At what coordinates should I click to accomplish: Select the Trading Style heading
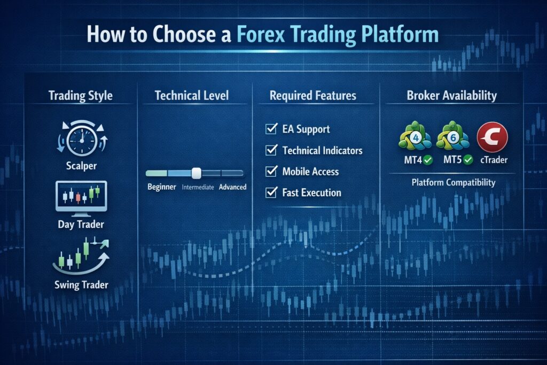point(80,96)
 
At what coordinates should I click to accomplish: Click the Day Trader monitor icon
point(81,196)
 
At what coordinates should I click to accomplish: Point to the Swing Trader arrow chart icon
point(81,255)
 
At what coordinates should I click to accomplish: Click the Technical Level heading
point(191,96)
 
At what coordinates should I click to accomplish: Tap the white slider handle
point(196,173)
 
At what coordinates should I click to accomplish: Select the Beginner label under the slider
point(162,187)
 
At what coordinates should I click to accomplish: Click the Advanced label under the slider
point(232,187)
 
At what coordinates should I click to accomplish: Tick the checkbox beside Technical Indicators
point(271,150)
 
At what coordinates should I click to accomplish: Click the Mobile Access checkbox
point(271,172)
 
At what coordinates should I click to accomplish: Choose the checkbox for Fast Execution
point(271,192)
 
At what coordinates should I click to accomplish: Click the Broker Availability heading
point(451,96)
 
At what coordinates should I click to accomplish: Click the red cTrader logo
point(491,137)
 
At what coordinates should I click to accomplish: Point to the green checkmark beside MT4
point(426,159)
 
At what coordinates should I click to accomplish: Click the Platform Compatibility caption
point(453,182)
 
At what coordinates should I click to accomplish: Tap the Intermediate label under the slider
point(198,188)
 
